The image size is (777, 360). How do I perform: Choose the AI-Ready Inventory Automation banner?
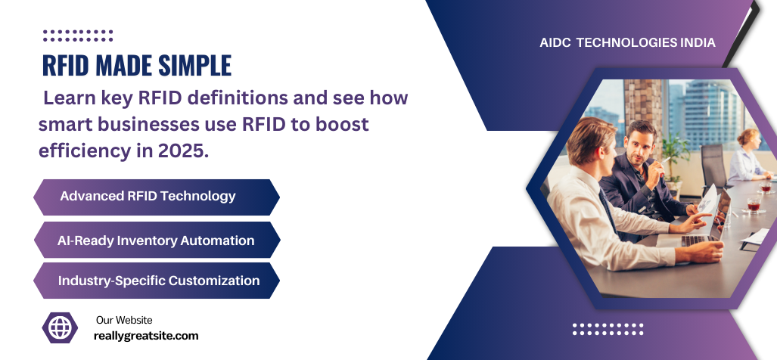click(156, 241)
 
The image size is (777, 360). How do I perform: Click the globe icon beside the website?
click(60, 327)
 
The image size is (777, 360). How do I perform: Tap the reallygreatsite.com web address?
click(146, 335)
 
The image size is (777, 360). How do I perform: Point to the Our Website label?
click(124, 320)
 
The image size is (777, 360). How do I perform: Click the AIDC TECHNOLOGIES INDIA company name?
click(627, 43)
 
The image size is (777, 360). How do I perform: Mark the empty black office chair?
click(712, 163)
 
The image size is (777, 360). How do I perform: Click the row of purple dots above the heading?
click(78, 35)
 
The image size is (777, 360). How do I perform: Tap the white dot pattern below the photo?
click(608, 328)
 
